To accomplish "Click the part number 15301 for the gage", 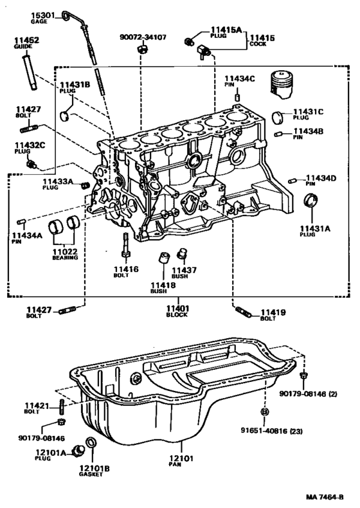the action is (x=43, y=15).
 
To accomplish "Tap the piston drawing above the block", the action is (x=282, y=84).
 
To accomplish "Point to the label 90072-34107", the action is (x=143, y=37).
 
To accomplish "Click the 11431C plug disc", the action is (x=277, y=117).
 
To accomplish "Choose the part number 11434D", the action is (x=321, y=178).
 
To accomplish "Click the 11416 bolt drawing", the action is (x=125, y=246).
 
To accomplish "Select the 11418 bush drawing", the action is (x=164, y=258).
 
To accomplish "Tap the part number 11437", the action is (x=184, y=270).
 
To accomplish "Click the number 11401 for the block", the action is (x=178, y=309).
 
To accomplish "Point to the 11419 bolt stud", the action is (x=244, y=312).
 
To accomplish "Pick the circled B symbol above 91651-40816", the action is (x=264, y=412).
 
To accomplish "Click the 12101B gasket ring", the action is (x=91, y=442).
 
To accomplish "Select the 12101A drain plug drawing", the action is (x=78, y=450).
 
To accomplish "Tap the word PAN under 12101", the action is (x=175, y=464).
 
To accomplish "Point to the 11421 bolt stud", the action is (x=62, y=406).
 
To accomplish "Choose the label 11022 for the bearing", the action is (x=65, y=251).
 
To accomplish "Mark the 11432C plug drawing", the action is (x=32, y=165).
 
